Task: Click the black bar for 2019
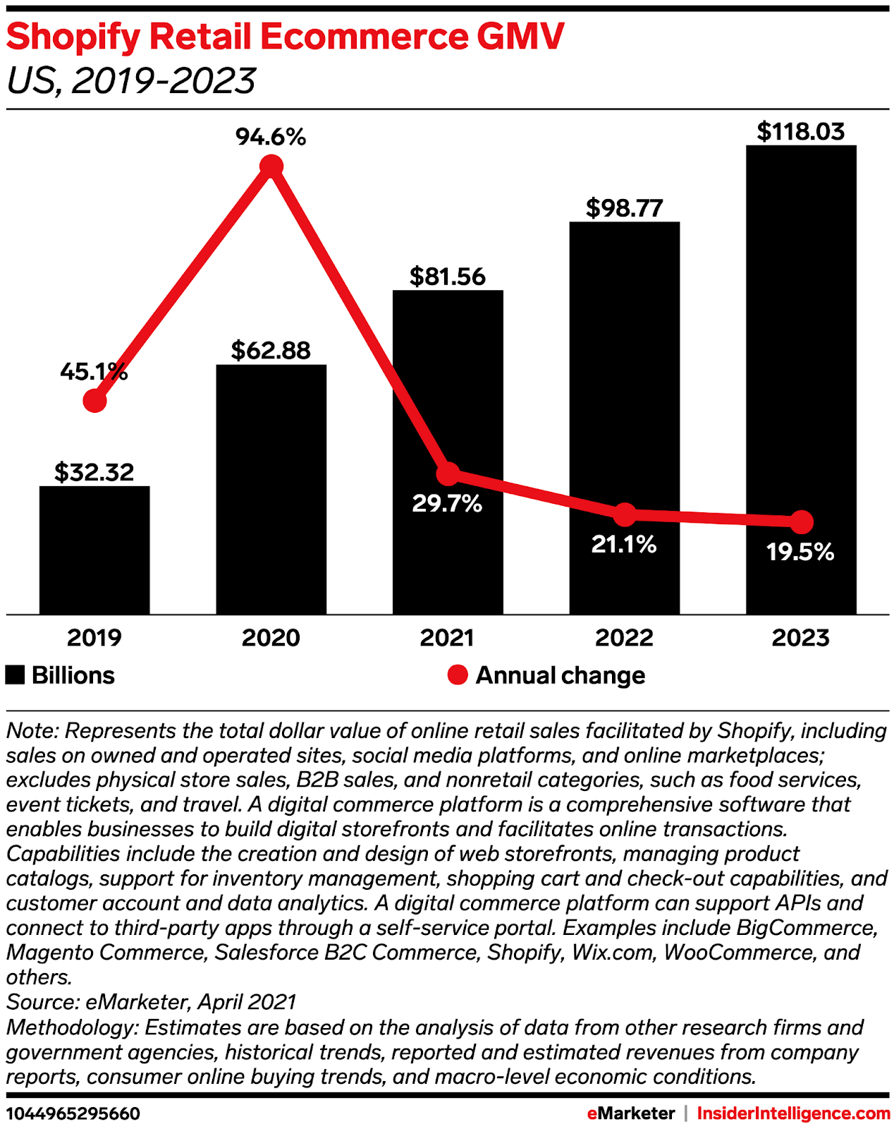point(94,550)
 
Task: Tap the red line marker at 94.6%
point(271,167)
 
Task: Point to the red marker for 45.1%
point(94,401)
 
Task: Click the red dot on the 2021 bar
point(448,473)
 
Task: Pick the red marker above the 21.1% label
point(625,515)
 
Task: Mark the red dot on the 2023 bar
point(802,522)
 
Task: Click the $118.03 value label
point(801,132)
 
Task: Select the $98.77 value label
point(625,208)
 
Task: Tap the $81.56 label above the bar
point(448,276)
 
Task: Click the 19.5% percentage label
point(800,552)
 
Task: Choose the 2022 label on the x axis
point(625,638)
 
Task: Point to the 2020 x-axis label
point(271,638)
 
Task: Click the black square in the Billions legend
point(16,675)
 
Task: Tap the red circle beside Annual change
point(458,675)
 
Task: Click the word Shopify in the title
point(74,37)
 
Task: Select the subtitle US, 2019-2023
point(131,81)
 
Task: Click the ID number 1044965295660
point(73,1113)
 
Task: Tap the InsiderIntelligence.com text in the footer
point(793,1113)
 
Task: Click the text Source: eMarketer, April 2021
point(152,1002)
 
